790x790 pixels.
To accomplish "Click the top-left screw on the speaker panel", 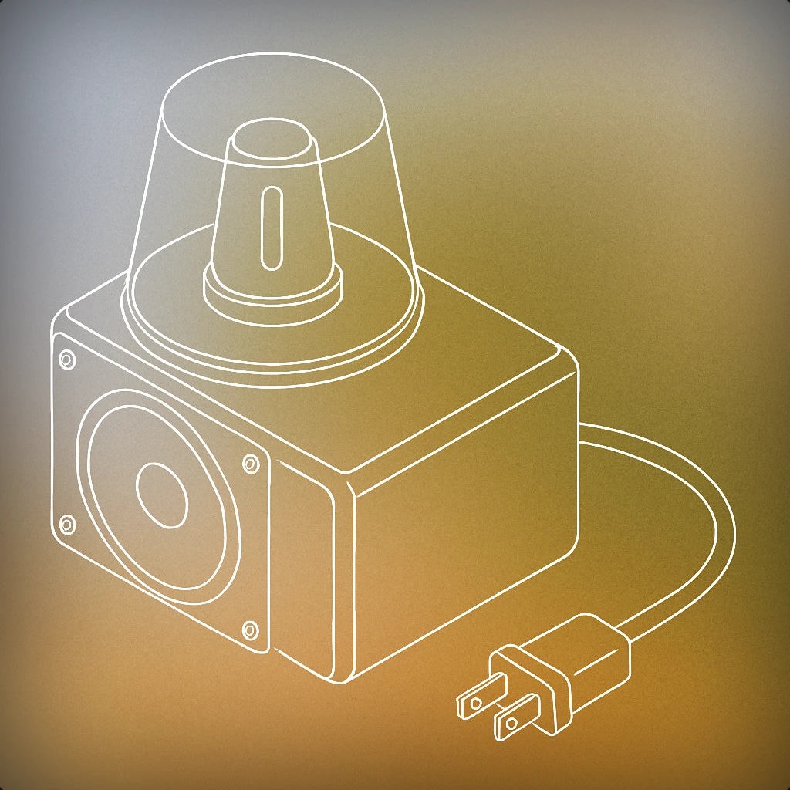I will point(67,360).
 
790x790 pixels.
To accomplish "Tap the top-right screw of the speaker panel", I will point(251,464).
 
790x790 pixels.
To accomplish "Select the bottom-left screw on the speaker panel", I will point(67,525).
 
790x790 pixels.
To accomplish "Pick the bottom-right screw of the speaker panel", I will point(250,631).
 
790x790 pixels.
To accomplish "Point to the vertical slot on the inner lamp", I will point(270,228).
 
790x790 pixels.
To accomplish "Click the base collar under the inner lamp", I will point(272,289).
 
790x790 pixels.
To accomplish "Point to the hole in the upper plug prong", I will point(475,702).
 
